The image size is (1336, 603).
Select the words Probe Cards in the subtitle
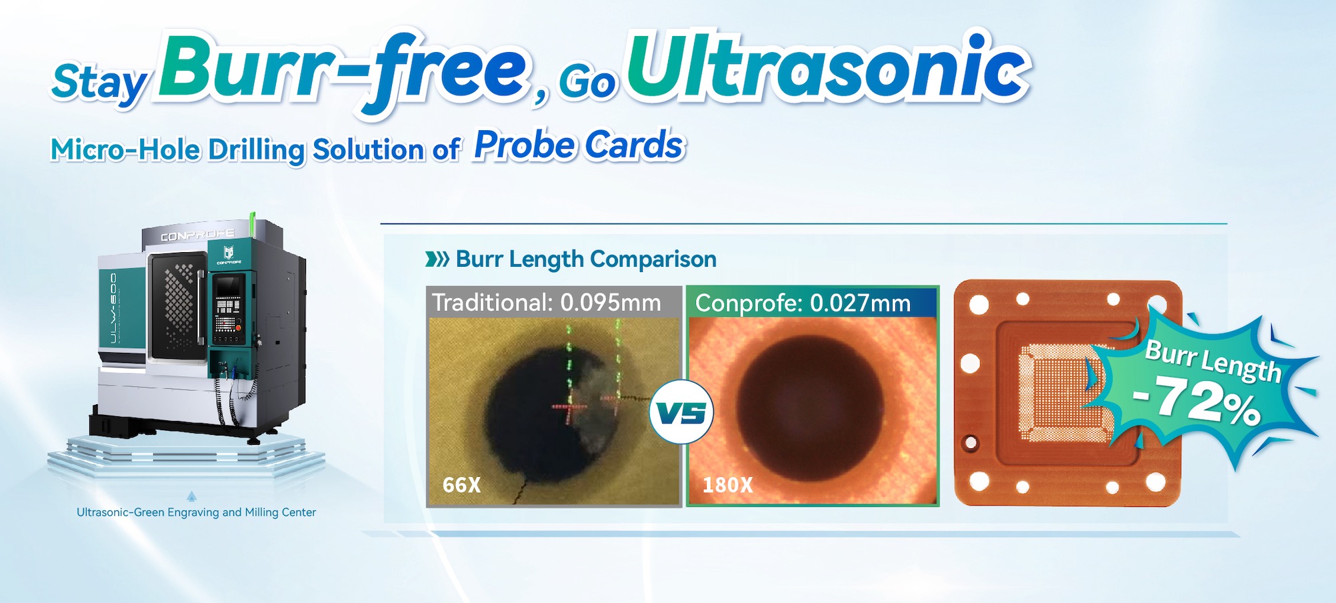(x=579, y=145)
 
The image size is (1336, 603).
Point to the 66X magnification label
(x=461, y=485)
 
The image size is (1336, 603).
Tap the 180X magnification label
(x=727, y=485)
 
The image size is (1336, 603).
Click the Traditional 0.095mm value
(x=611, y=303)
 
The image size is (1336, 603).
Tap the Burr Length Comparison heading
(x=586, y=259)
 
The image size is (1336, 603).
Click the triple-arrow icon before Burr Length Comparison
(x=437, y=259)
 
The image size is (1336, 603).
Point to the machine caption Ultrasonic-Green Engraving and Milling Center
(x=196, y=512)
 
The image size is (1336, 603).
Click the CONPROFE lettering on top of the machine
(x=197, y=235)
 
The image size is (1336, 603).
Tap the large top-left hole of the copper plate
(x=979, y=306)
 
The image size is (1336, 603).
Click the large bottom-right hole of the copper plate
(x=1155, y=482)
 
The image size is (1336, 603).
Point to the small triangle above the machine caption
(x=192, y=496)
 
